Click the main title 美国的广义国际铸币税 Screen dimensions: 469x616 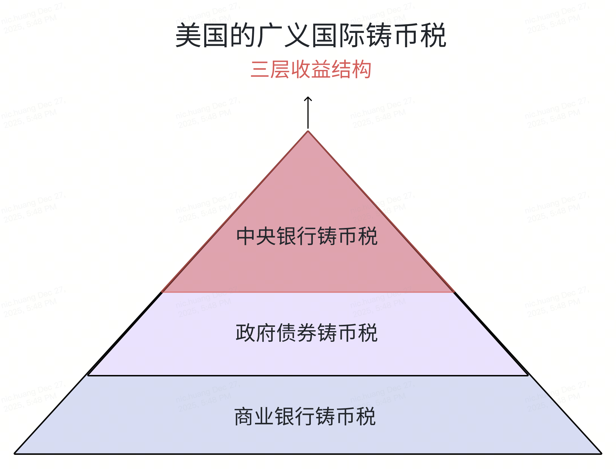[311, 36]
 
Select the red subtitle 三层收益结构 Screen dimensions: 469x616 [311, 69]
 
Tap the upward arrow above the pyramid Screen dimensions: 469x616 [308, 113]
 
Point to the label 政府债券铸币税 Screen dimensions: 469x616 [307, 333]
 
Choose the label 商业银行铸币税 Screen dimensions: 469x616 [305, 416]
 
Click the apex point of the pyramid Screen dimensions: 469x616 [308, 131]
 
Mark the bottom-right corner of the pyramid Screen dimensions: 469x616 [601, 454]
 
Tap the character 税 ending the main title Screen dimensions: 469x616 [434, 36]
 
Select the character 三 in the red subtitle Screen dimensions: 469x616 [260, 69]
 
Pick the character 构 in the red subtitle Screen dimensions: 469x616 [361, 69]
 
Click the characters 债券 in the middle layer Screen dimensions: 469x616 [297, 333]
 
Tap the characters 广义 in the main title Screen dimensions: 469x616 [283, 36]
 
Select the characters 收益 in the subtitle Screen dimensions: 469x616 [311, 69]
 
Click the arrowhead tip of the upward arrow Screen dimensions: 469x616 [308, 97]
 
